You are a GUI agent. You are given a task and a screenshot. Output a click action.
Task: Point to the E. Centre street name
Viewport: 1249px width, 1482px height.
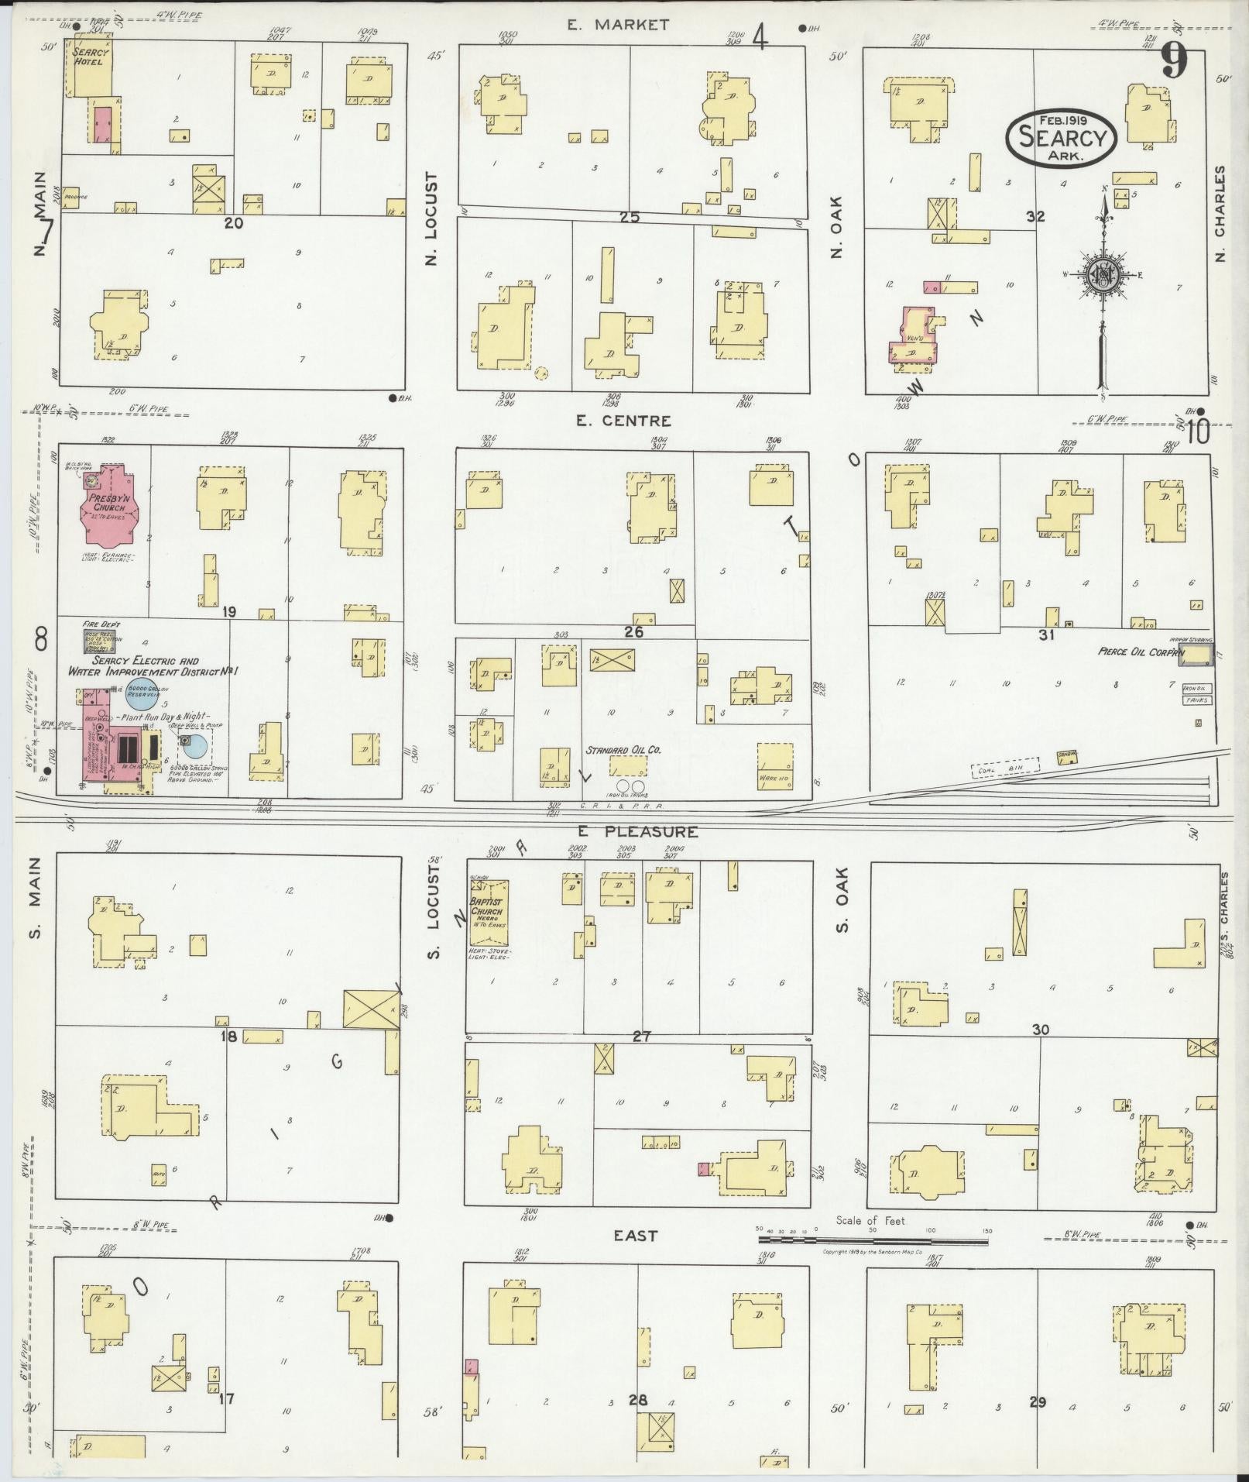point(623,421)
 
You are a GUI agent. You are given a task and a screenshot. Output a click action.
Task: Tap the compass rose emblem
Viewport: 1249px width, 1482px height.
point(1101,275)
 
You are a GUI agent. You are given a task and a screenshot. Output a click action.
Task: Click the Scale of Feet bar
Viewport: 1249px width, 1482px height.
point(873,1241)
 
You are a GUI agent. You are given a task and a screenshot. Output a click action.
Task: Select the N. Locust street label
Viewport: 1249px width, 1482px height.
point(432,218)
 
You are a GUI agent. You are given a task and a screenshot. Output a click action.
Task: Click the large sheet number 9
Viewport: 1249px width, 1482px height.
point(1174,60)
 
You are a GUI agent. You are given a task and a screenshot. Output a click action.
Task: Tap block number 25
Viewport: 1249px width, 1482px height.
point(629,218)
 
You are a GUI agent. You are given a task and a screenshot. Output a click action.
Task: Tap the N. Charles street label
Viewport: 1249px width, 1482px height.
point(1221,213)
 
